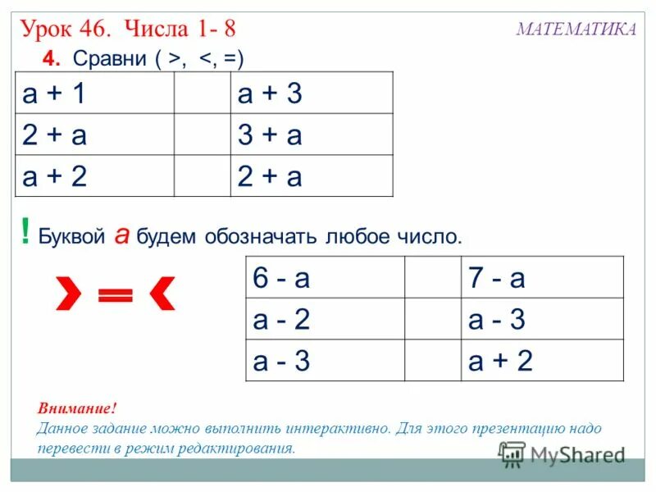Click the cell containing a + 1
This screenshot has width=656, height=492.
tap(94, 93)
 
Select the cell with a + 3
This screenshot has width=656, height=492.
tap(311, 93)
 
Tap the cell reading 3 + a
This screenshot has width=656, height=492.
tap(311, 134)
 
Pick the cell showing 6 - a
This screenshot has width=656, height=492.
tap(326, 278)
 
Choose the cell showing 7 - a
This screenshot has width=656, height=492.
tap(541, 278)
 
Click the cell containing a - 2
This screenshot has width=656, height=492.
tap(326, 319)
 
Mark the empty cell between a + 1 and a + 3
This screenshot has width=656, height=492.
tap(202, 93)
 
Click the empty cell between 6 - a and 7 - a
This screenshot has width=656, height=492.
tap(433, 278)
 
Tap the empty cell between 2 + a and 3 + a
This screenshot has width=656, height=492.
tap(202, 134)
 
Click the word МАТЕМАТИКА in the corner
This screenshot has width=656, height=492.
tap(576, 30)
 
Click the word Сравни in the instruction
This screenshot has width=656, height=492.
tap(107, 59)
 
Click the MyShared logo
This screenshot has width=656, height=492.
tap(562, 454)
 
